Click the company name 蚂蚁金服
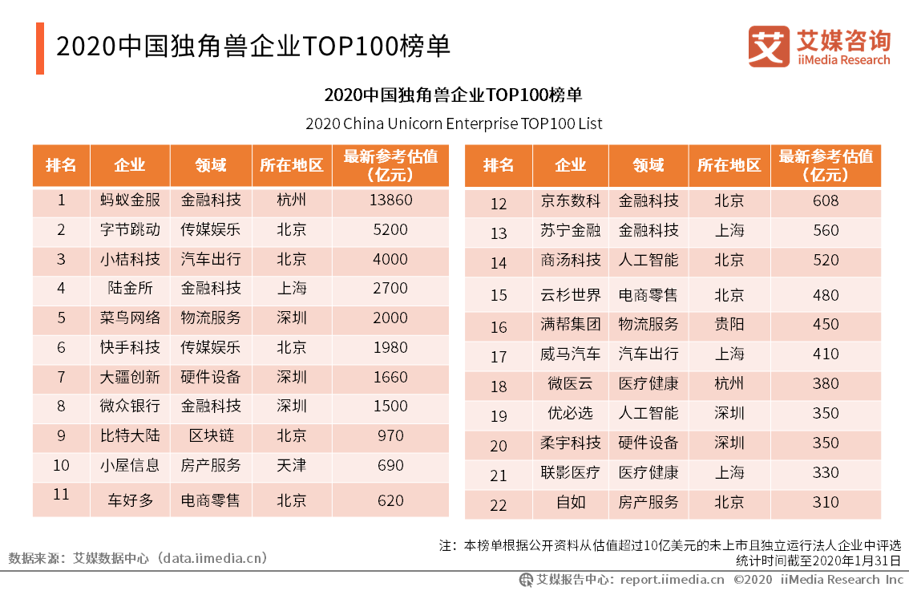point(129,200)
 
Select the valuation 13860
point(390,200)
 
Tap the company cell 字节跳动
point(129,229)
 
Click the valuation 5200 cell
point(390,229)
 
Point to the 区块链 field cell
point(211,435)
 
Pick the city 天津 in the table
point(291,465)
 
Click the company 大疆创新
point(129,377)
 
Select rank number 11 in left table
point(61,495)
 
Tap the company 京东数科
point(570,201)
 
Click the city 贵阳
point(729,325)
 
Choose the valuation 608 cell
point(825,201)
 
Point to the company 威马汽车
point(570,354)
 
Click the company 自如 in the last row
point(570,503)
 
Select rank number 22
point(499,504)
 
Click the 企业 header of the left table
point(129,165)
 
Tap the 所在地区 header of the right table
point(729,165)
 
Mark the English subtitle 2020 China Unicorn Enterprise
point(453,124)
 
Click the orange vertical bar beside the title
point(39,48)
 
